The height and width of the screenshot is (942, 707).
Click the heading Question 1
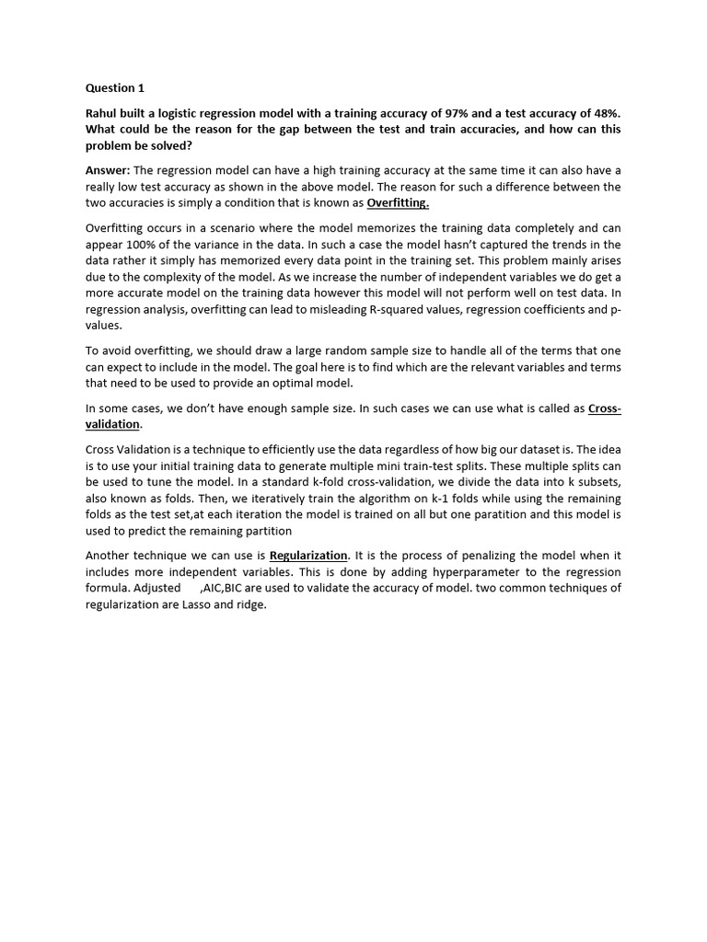point(115,88)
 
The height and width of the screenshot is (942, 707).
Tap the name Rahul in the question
point(103,112)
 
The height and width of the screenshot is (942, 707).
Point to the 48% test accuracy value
point(605,112)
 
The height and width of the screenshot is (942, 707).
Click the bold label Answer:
point(109,170)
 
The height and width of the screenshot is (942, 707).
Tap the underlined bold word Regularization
point(308,556)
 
